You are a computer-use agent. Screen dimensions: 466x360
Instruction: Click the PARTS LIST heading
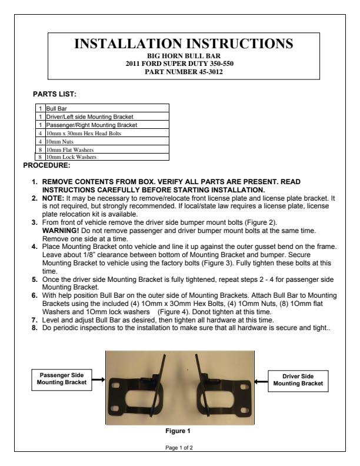click(x=55, y=94)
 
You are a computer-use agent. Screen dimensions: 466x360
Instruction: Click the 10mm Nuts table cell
click(x=59, y=142)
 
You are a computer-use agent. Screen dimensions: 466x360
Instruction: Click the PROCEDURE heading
click(x=46, y=165)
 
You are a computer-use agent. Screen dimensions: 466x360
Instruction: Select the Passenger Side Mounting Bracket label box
click(x=61, y=379)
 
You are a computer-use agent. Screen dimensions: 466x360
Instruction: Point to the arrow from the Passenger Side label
click(x=98, y=380)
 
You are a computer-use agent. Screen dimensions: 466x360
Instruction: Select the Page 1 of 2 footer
click(x=179, y=448)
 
